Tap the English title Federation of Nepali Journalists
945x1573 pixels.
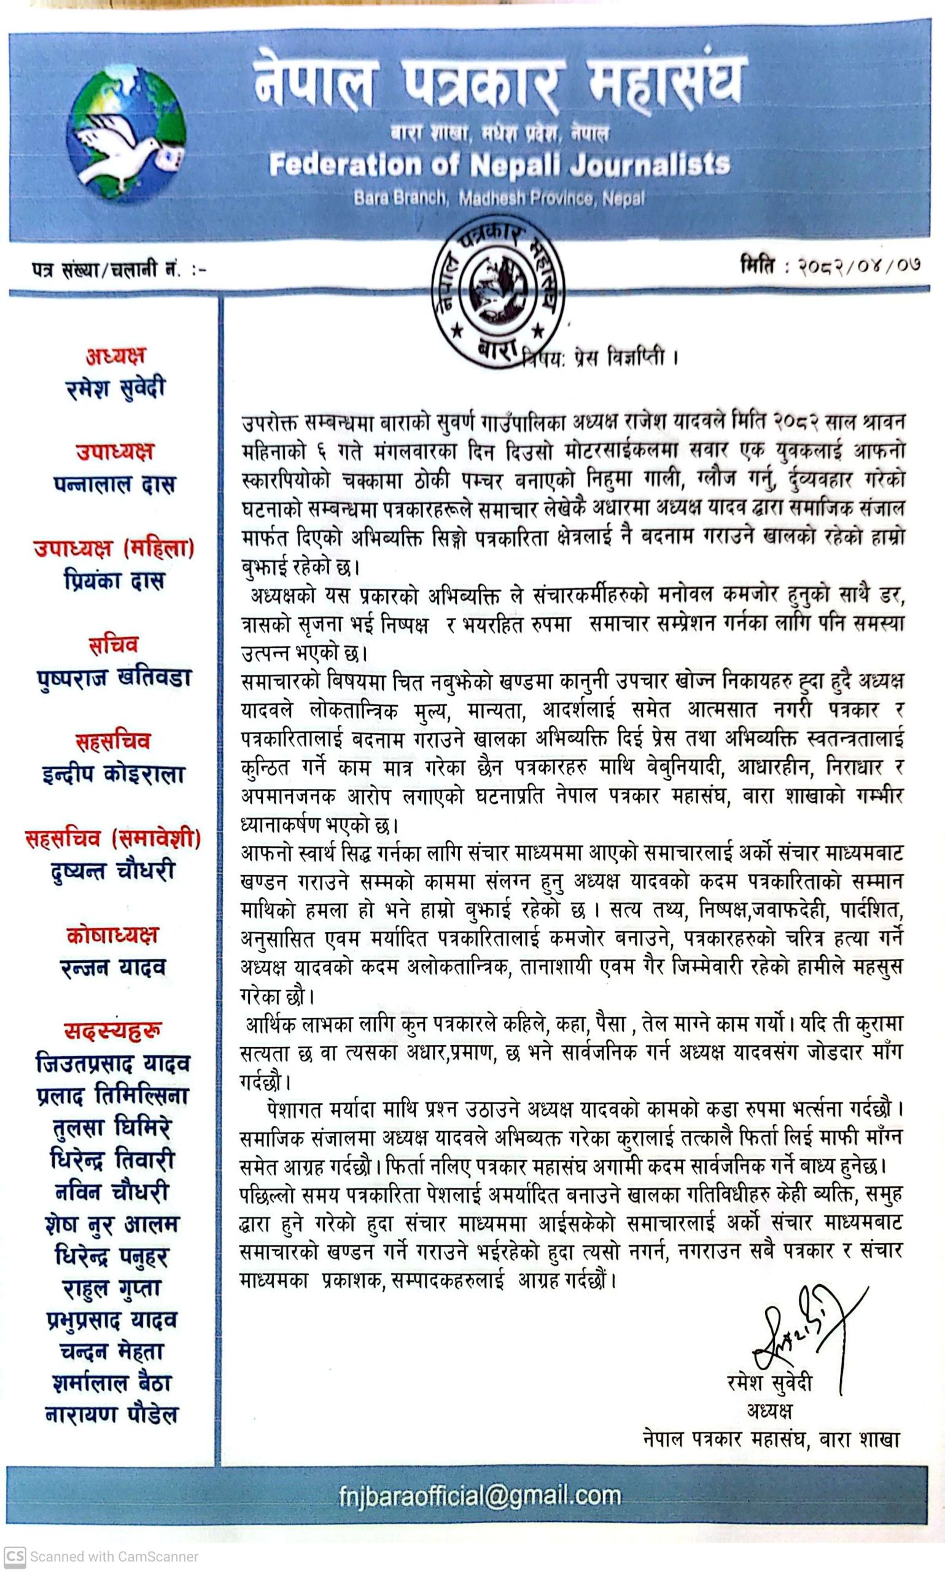tap(499, 165)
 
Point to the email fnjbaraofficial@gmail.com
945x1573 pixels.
tap(480, 1496)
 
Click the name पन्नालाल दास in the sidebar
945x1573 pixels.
tap(115, 484)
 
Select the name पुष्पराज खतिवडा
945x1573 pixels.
tap(115, 677)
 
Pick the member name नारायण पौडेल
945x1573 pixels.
tap(112, 1415)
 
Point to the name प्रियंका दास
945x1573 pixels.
tap(115, 581)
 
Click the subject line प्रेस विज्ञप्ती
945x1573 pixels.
tap(599, 358)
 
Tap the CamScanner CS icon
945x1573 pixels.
tap(15, 1556)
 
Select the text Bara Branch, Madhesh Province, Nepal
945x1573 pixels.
tap(499, 198)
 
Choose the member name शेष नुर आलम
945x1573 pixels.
tap(112, 1224)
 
